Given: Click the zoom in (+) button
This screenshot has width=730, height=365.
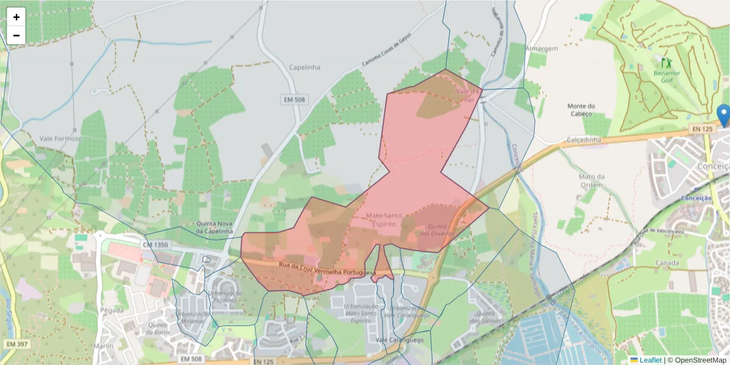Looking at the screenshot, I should (x=16, y=17).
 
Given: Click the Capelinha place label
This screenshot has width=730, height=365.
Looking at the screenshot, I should (x=304, y=68).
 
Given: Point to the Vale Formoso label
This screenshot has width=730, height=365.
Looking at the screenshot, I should (x=61, y=139).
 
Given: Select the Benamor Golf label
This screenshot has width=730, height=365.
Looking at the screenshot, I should (x=667, y=76).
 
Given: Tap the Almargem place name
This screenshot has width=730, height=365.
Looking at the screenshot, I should (x=541, y=48).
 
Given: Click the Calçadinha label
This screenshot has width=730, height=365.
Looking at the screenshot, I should (x=584, y=140).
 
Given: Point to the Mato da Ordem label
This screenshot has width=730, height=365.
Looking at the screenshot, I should (x=591, y=181).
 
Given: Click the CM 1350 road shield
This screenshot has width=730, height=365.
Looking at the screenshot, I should (x=155, y=244).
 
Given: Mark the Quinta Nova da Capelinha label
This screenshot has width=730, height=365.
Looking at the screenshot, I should (x=215, y=227).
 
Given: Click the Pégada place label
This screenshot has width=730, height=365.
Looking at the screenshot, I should (x=113, y=310).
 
